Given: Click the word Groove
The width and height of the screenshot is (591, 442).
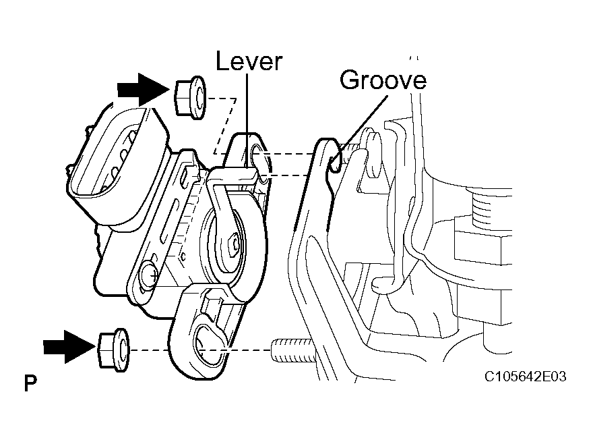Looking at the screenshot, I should [x=383, y=80].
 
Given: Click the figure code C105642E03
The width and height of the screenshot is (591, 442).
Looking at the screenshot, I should [x=525, y=376].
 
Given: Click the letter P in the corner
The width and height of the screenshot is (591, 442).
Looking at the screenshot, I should [x=30, y=385].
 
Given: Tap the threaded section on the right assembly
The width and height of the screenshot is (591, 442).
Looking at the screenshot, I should [x=488, y=202].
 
